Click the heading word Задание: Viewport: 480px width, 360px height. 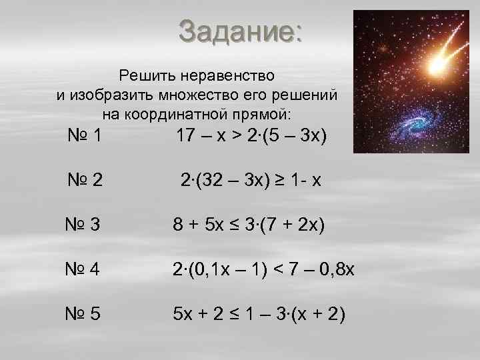coord(240,31)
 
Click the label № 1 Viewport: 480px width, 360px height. coord(85,137)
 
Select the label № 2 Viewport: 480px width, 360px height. coord(85,180)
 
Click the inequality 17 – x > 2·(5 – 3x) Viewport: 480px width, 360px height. coord(251,137)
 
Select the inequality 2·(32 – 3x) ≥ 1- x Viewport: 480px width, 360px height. coord(251,180)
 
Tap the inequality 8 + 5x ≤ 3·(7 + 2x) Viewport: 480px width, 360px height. coord(249,227)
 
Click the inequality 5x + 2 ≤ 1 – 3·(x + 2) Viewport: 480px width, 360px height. coord(259,313)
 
